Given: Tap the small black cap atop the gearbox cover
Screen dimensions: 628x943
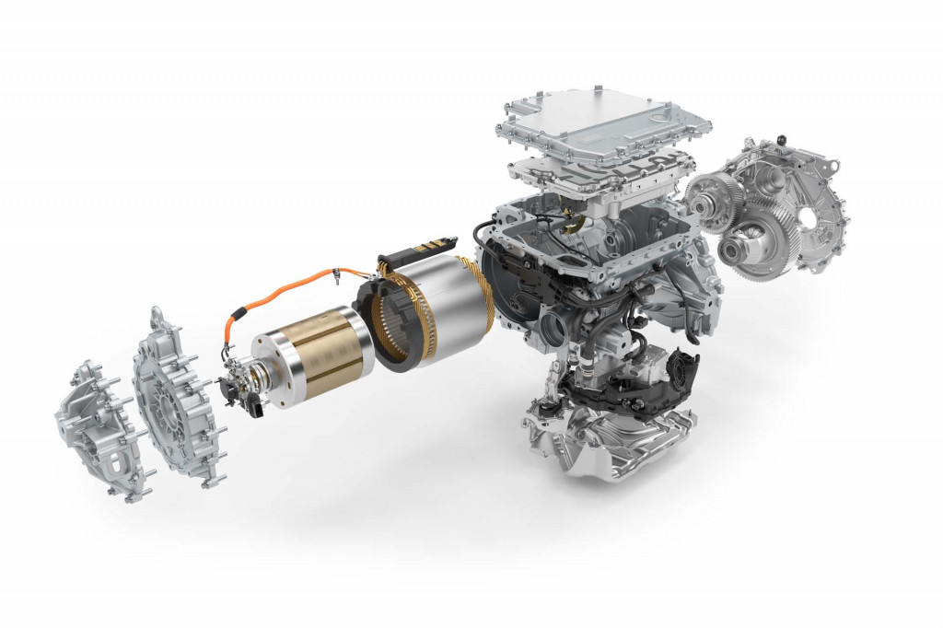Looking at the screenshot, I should pyautogui.click(x=781, y=139).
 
